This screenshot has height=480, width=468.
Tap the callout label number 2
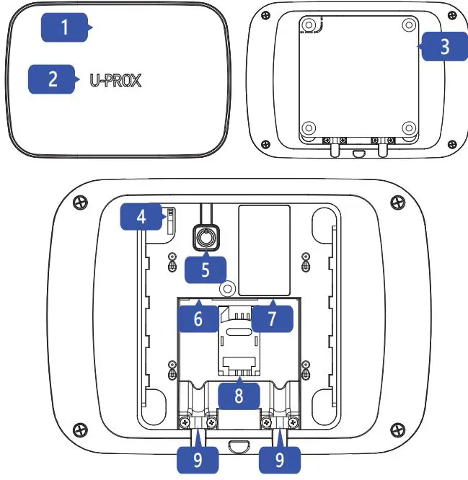click(53, 78)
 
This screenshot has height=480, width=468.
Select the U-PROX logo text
click(115, 80)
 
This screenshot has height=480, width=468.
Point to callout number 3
click(443, 46)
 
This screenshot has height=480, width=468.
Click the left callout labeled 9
click(197, 460)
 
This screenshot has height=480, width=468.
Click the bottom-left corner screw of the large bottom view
click(78, 431)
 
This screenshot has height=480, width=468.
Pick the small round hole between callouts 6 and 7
click(228, 288)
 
